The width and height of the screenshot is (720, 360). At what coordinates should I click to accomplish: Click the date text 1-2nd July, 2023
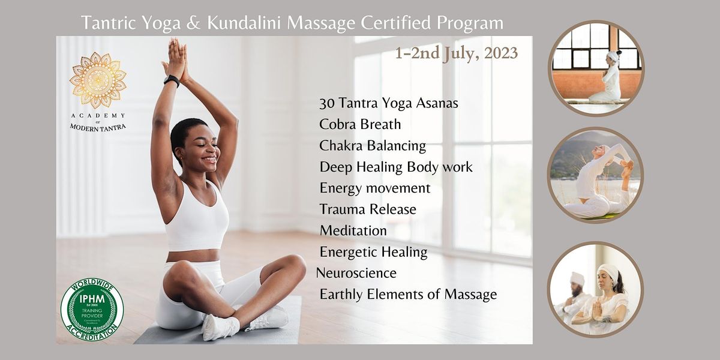click(x=456, y=53)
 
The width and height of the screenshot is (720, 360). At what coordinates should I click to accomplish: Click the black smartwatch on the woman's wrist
click(x=171, y=81)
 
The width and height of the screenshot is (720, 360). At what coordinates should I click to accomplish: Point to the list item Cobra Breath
click(x=360, y=125)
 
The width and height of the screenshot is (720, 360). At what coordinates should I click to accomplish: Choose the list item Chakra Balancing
click(x=373, y=146)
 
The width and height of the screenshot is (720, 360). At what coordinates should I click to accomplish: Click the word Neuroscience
click(x=356, y=273)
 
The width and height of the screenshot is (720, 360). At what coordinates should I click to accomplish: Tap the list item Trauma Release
click(x=368, y=209)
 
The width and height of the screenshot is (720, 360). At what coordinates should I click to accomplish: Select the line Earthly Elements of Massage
click(x=408, y=294)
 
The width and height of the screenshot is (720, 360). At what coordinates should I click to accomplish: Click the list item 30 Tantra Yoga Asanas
click(x=389, y=103)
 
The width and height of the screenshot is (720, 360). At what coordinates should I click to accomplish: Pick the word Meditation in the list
click(x=353, y=230)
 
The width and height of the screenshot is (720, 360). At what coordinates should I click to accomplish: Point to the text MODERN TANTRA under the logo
click(x=98, y=127)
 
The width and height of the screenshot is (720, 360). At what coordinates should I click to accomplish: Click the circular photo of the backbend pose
click(x=595, y=175)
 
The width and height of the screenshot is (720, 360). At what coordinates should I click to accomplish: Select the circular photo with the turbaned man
click(x=595, y=289)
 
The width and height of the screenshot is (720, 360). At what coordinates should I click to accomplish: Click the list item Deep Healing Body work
click(x=396, y=167)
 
